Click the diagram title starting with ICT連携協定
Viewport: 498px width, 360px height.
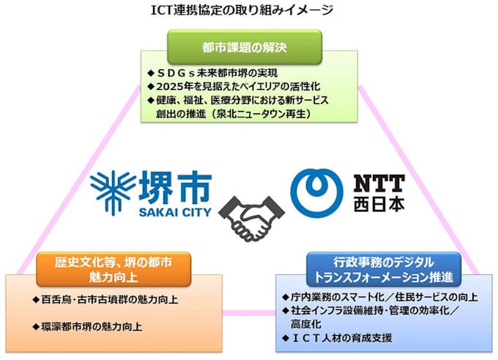click(242, 10)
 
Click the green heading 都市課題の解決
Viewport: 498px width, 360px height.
click(244, 48)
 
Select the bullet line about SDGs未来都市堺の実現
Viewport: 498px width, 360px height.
click(212, 73)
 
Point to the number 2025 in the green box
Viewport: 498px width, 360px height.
click(168, 86)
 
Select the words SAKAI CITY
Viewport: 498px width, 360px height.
click(175, 212)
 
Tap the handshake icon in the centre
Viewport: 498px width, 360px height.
click(252, 218)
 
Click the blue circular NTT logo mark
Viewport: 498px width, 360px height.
click(316, 193)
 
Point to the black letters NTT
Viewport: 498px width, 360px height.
click(379, 184)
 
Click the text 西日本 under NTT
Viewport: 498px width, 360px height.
click(379, 204)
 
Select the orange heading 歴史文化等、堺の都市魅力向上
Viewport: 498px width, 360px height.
click(114, 269)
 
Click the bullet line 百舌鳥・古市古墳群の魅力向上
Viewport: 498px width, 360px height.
click(105, 300)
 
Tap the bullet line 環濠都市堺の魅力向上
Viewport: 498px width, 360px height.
click(87, 327)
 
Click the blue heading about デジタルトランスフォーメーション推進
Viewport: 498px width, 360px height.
click(383, 269)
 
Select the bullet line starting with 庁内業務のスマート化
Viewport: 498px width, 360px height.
click(380, 297)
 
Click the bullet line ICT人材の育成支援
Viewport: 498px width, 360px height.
click(337, 338)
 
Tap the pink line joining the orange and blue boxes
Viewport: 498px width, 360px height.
click(249, 313)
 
